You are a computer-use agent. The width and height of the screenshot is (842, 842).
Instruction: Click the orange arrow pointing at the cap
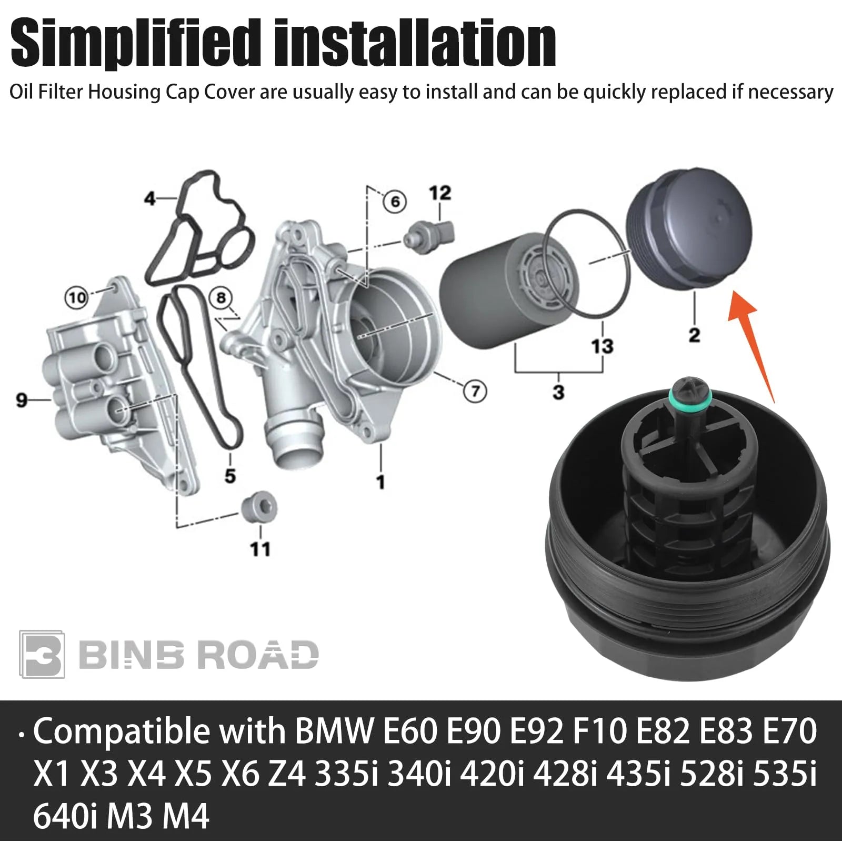[x=750, y=345]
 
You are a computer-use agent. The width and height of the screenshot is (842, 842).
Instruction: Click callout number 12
[x=440, y=193]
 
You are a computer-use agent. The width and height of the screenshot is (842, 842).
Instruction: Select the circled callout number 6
[x=395, y=202]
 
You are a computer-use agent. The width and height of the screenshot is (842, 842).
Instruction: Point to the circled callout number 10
[x=77, y=298]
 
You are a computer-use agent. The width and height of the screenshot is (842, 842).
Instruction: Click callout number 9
[x=21, y=400]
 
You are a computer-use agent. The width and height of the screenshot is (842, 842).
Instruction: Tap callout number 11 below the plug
[x=259, y=549]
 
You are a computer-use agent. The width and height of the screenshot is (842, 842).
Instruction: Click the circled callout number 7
[x=475, y=391]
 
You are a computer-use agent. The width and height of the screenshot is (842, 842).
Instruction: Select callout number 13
[x=602, y=346]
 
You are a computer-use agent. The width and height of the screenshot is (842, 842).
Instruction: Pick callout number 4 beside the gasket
[x=150, y=199]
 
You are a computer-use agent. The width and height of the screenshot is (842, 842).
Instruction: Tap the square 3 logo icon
[x=42, y=654]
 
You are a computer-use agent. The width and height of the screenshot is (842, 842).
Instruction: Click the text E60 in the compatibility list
[x=410, y=731]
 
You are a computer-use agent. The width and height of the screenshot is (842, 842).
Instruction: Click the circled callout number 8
[x=221, y=298]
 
